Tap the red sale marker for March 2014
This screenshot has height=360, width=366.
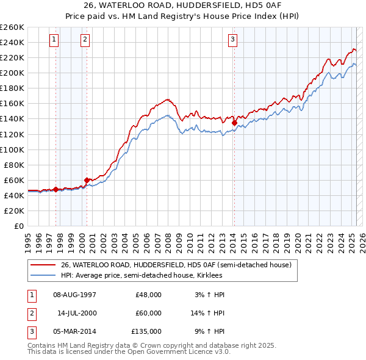234,123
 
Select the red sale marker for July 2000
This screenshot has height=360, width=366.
87,180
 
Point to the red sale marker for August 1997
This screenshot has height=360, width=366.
56,189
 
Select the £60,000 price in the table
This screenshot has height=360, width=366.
148,313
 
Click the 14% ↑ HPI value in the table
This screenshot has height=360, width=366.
207,313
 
